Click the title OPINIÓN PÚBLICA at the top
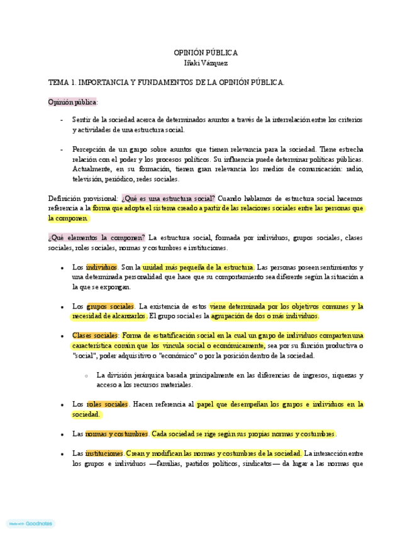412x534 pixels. coord(206,53)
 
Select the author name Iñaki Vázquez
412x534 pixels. coord(206,63)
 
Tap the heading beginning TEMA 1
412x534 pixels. coord(166,82)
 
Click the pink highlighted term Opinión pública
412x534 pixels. coord(72,101)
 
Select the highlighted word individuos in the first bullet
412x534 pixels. coord(101,267)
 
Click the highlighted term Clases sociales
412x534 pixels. coord(95,336)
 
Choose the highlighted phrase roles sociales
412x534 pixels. coord(108,404)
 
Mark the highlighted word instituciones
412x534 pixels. coord(104,453)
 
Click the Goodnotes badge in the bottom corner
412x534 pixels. coord(31,523)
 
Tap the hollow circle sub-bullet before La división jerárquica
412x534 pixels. coord(86,375)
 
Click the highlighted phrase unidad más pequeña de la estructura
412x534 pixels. coord(198,267)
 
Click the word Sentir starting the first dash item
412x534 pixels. coord(82,120)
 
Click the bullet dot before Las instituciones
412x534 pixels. coord(62,454)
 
